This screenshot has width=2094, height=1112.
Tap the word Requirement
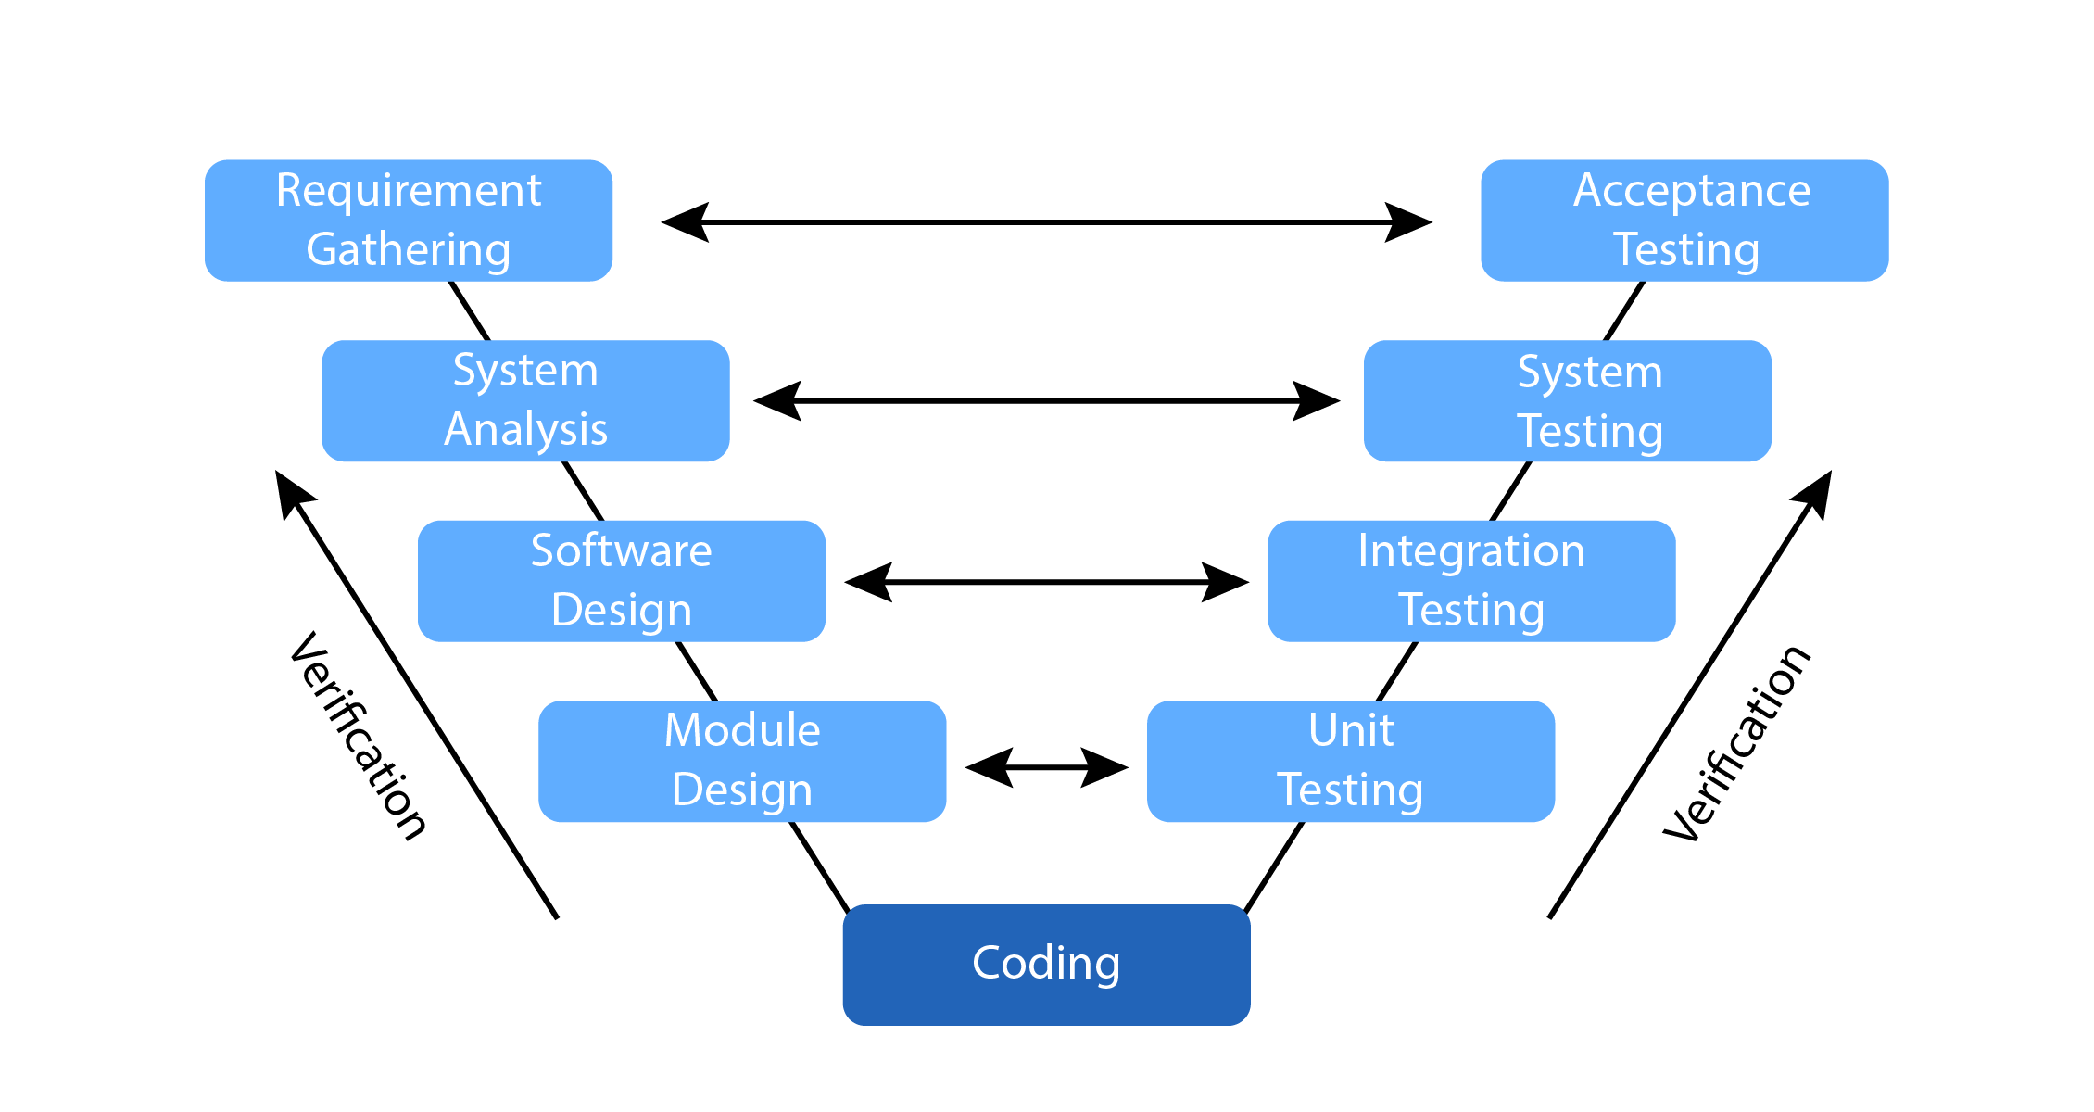(409, 191)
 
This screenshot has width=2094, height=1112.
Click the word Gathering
(409, 250)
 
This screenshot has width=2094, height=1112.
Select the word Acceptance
(1692, 191)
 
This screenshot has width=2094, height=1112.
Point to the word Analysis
(525, 429)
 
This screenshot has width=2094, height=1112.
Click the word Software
(621, 550)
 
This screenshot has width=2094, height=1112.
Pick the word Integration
(1471, 550)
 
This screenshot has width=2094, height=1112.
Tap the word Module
(742, 730)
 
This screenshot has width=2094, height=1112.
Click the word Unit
(1351, 730)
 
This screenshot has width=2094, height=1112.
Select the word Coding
(1046, 964)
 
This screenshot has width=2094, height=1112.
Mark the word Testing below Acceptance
(1686, 250)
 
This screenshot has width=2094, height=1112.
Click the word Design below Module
(742, 790)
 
